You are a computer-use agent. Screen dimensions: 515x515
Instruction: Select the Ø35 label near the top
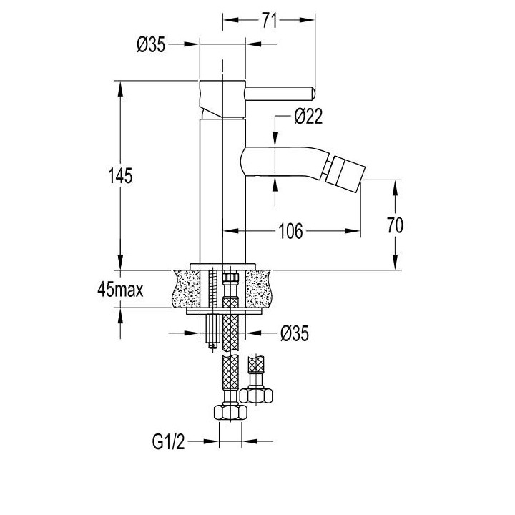[x=151, y=45]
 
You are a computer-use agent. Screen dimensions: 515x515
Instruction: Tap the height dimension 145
[x=121, y=175]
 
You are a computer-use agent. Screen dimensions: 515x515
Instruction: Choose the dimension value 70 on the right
[x=394, y=225]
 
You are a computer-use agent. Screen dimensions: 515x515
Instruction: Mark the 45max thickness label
[x=122, y=290]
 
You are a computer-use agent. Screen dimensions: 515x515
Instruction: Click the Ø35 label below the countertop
[x=295, y=333]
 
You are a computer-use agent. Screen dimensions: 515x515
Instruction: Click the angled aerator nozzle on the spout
[x=344, y=172]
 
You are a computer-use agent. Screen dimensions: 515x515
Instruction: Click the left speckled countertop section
[x=190, y=288]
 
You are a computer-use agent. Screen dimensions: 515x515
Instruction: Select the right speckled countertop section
[x=259, y=288]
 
